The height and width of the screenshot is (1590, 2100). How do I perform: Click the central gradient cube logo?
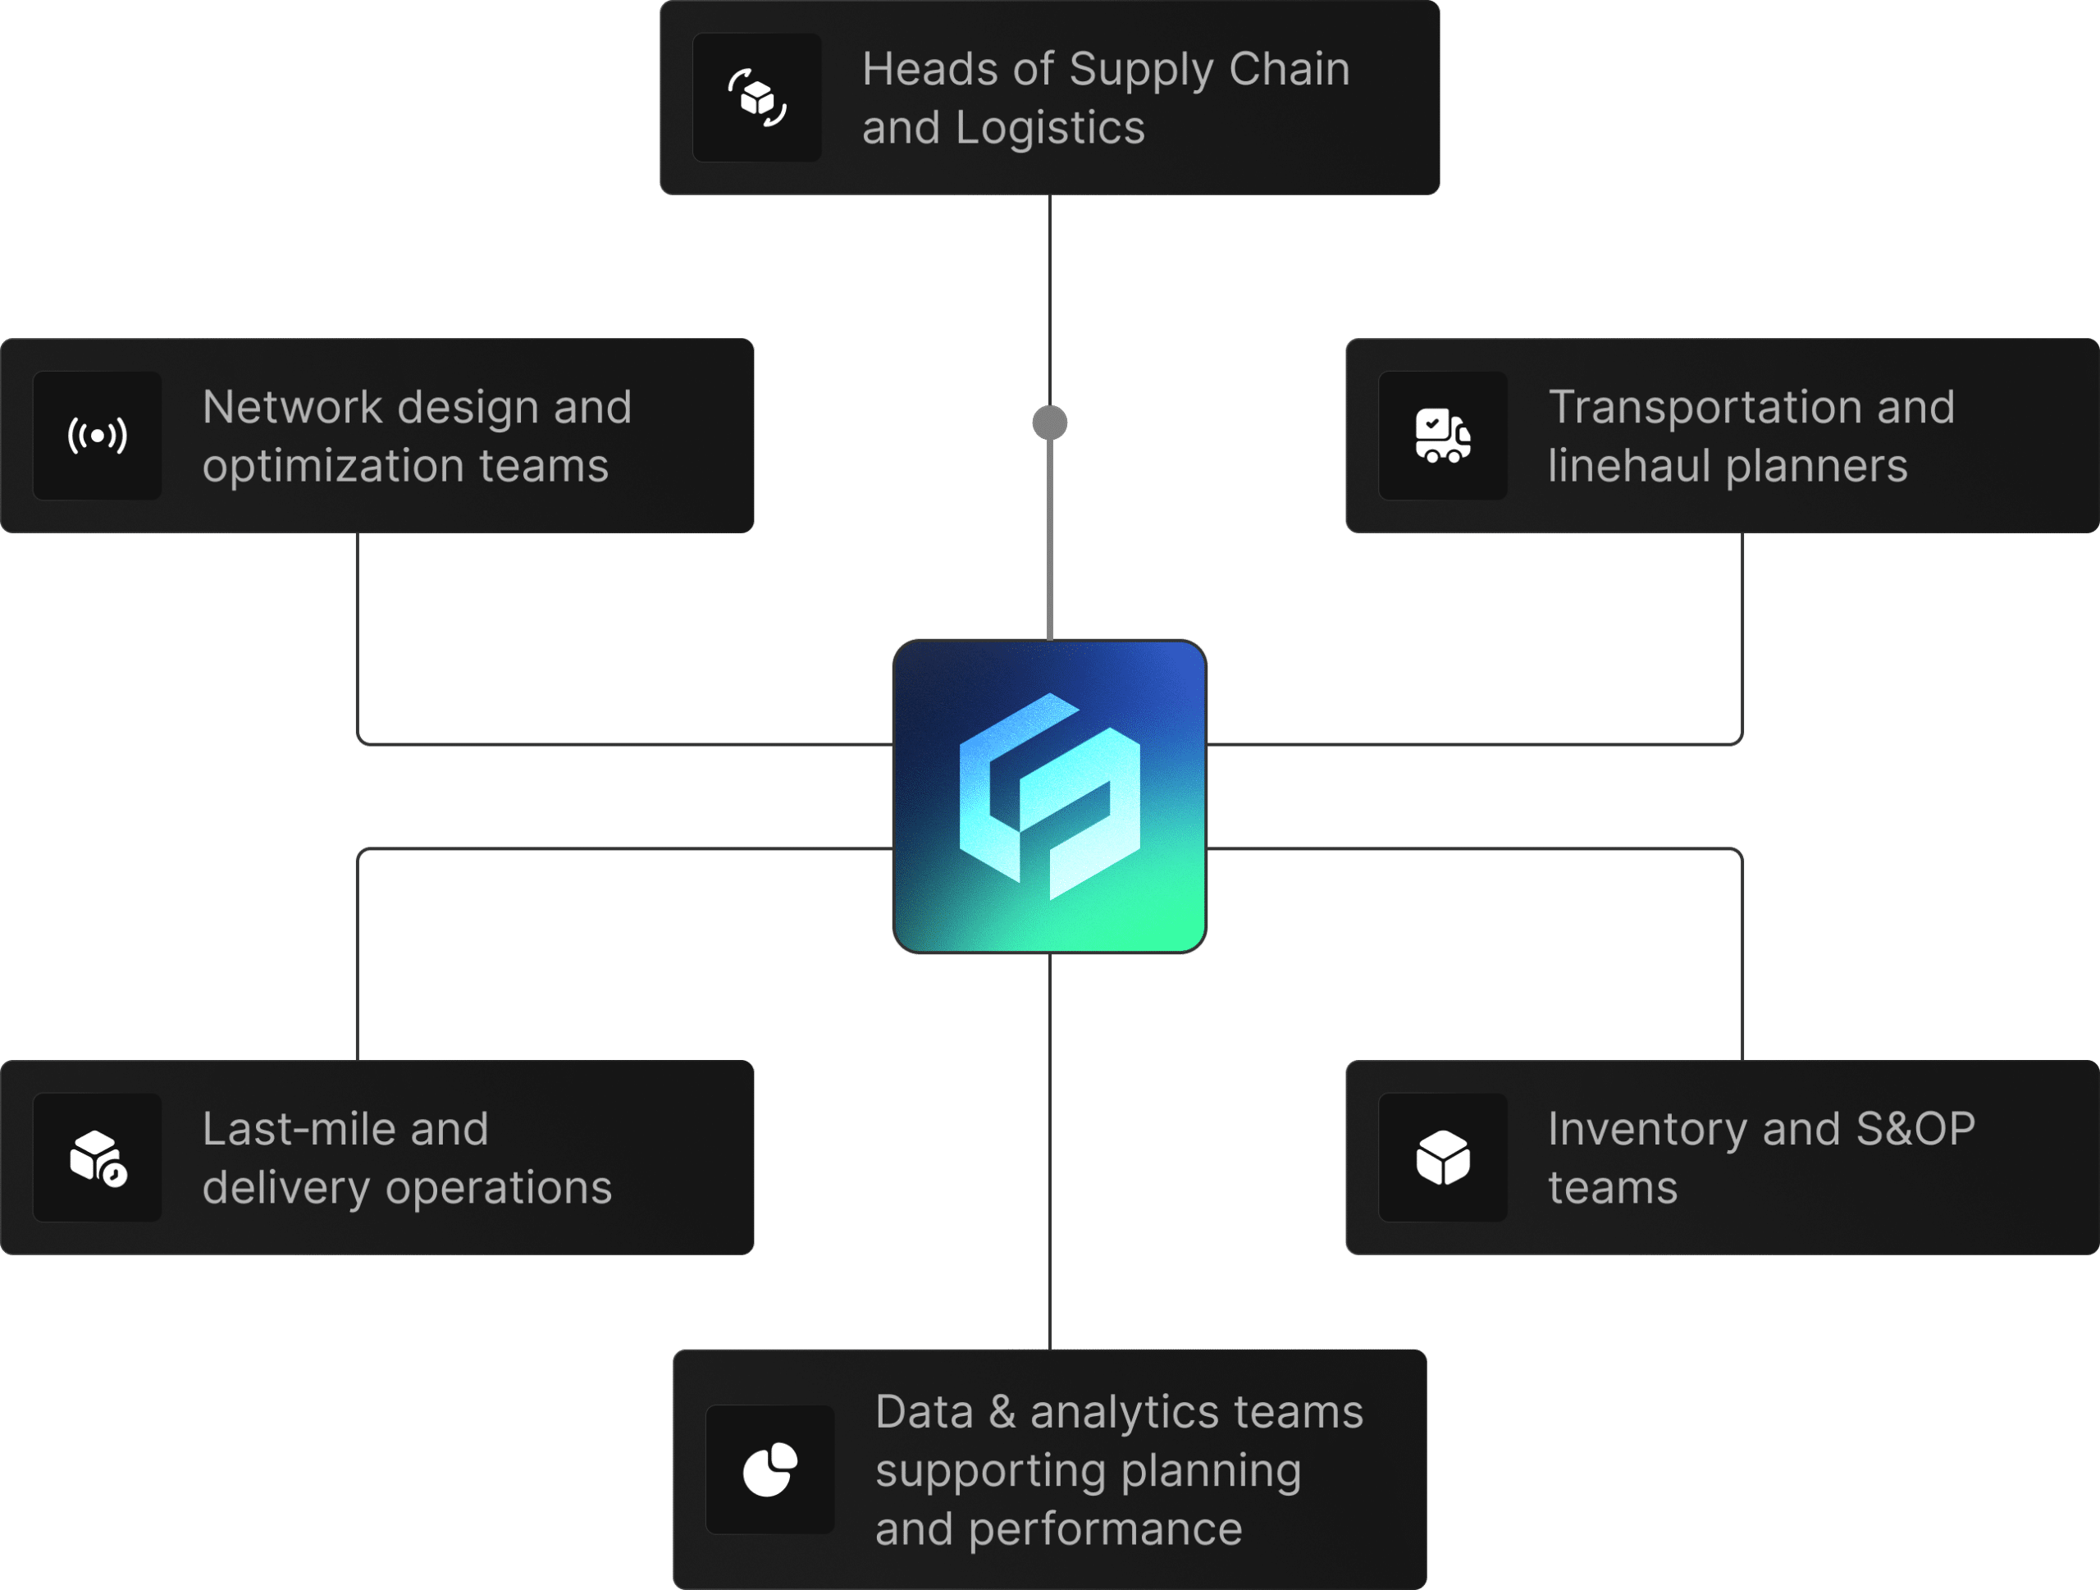(1049, 796)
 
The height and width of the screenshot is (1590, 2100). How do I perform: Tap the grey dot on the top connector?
(1049, 423)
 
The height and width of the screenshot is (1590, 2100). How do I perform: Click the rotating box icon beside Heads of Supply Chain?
(756, 98)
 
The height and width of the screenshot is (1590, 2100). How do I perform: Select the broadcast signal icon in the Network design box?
(97, 436)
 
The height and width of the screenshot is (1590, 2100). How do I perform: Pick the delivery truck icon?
(1442, 436)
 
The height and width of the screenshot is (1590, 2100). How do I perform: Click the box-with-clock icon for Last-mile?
(97, 1157)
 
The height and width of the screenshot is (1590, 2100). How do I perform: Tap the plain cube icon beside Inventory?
(1442, 1157)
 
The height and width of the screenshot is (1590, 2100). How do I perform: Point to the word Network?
(291, 407)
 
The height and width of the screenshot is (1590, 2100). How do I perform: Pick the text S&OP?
(1915, 1129)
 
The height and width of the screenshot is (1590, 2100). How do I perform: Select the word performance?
(1105, 1529)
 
